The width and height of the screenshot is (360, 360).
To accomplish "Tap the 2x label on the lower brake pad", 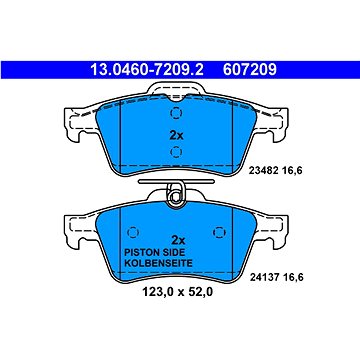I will pos(180,241).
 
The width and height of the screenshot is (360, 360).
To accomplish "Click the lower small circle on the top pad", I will pos(177,151).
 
